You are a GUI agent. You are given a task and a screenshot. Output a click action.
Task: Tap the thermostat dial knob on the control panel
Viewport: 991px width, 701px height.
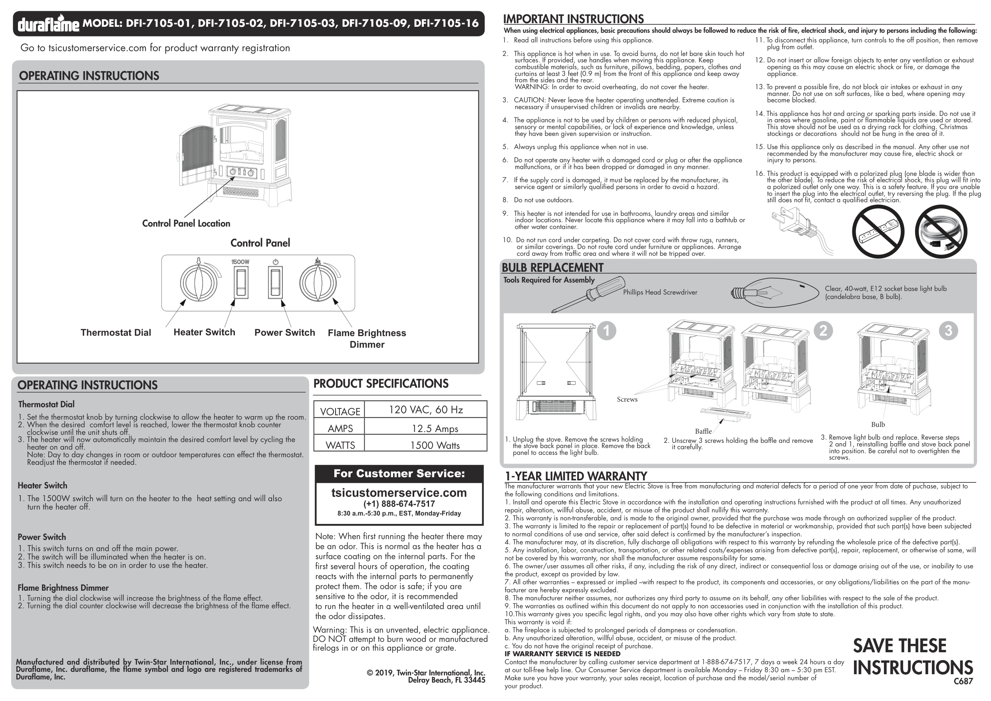click(x=198, y=283)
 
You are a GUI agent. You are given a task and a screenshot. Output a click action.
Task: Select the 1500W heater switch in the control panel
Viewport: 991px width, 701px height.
click(x=241, y=283)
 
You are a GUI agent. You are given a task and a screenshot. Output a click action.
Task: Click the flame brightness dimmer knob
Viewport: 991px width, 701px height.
click(x=318, y=283)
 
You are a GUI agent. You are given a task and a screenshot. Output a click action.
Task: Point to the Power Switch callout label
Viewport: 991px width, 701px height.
click(x=284, y=333)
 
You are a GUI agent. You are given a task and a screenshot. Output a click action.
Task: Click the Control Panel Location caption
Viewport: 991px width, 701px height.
click(x=186, y=223)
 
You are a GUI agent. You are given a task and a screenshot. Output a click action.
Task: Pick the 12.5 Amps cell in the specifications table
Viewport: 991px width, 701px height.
click(x=435, y=428)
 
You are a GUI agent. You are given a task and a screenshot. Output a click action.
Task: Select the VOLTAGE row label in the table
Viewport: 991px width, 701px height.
click(x=340, y=412)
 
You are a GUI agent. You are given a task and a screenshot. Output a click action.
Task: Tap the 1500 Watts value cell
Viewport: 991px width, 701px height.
click(x=435, y=445)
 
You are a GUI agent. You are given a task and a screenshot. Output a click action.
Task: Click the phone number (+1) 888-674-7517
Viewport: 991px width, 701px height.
click(x=399, y=504)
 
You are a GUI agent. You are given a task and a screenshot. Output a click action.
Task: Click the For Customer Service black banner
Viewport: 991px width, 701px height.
click(x=399, y=473)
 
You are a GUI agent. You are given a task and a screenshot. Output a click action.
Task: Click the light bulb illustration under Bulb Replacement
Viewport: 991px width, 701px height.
click(x=775, y=293)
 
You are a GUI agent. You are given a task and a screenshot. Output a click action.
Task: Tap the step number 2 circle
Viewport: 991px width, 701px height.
click(x=823, y=331)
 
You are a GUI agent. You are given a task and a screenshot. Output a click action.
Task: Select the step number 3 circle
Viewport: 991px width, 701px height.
click(x=948, y=331)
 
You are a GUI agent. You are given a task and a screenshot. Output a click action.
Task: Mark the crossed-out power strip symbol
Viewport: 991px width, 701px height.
click(x=878, y=231)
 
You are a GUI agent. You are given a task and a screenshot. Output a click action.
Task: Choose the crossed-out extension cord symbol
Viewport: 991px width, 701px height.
click(x=941, y=231)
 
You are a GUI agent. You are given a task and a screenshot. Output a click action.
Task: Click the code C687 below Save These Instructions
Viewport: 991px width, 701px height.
click(x=963, y=681)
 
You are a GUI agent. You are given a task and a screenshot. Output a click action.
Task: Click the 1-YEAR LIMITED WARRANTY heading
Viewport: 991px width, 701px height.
click(x=575, y=476)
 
